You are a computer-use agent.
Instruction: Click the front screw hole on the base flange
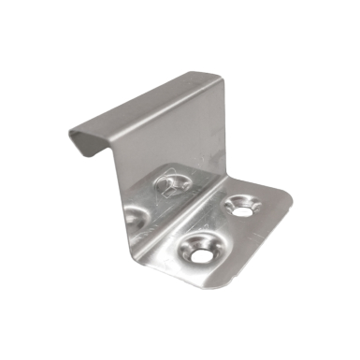click(200, 249)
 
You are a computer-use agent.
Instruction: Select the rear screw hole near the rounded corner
click(243, 206)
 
